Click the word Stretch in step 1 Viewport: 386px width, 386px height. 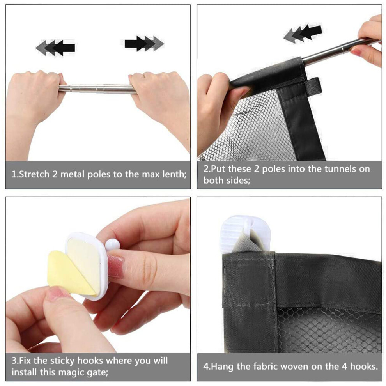click(x=34, y=174)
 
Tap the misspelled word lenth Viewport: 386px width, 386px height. click(x=174, y=174)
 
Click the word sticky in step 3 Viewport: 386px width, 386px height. click(x=61, y=361)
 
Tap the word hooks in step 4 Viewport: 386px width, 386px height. click(x=364, y=367)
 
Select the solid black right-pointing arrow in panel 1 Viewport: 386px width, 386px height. click(x=136, y=44)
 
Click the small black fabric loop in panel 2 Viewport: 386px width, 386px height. click(x=313, y=86)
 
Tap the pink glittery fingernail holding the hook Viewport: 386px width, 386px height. click(x=115, y=266)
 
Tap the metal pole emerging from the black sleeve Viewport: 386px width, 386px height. click(x=340, y=50)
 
